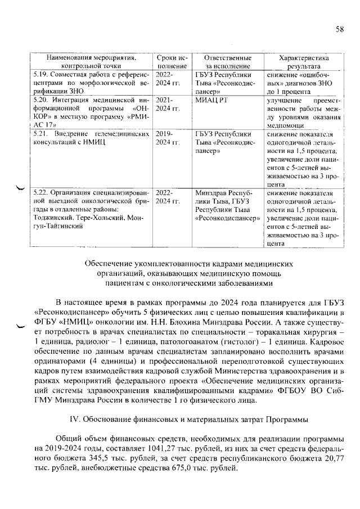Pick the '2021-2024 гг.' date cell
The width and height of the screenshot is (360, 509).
(168, 103)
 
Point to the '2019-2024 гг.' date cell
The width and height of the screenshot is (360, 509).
(168, 138)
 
